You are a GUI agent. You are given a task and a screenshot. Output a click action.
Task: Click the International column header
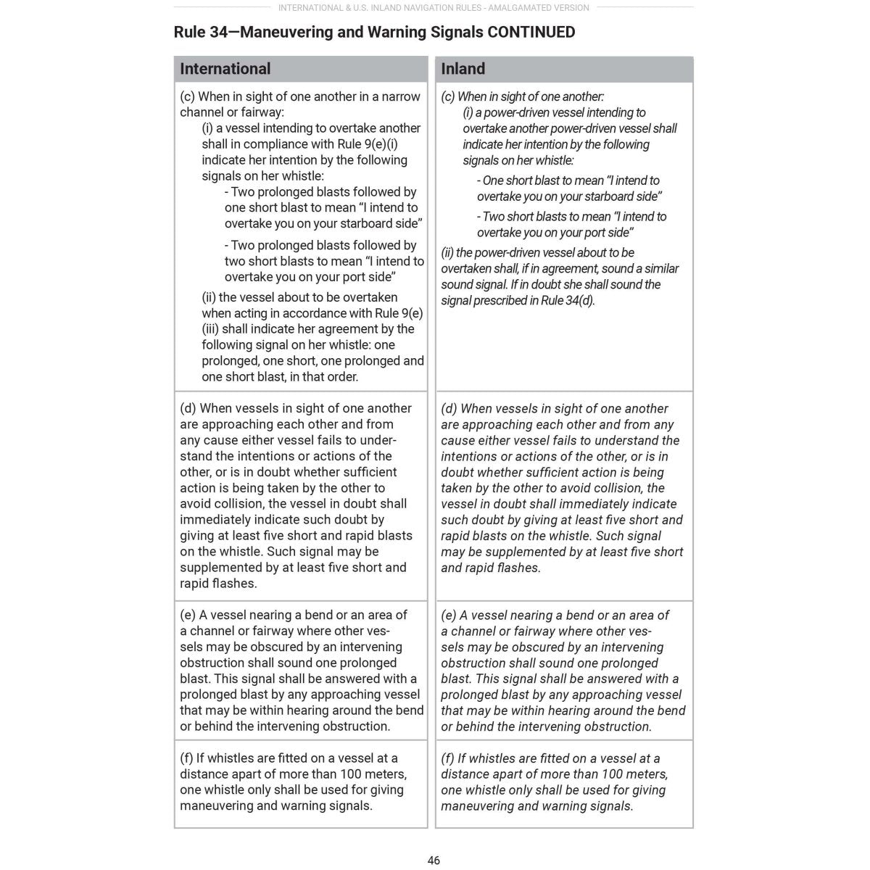pos(225,69)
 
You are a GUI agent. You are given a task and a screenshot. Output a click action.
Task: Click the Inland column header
pos(463,69)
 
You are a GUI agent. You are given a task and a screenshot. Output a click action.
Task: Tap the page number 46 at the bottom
pos(434,861)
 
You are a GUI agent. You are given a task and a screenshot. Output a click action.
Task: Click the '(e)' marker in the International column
pos(188,615)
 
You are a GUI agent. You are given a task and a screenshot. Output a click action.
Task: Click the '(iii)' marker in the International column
pos(210,329)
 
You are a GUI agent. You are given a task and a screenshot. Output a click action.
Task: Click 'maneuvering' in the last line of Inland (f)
pos(476,806)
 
